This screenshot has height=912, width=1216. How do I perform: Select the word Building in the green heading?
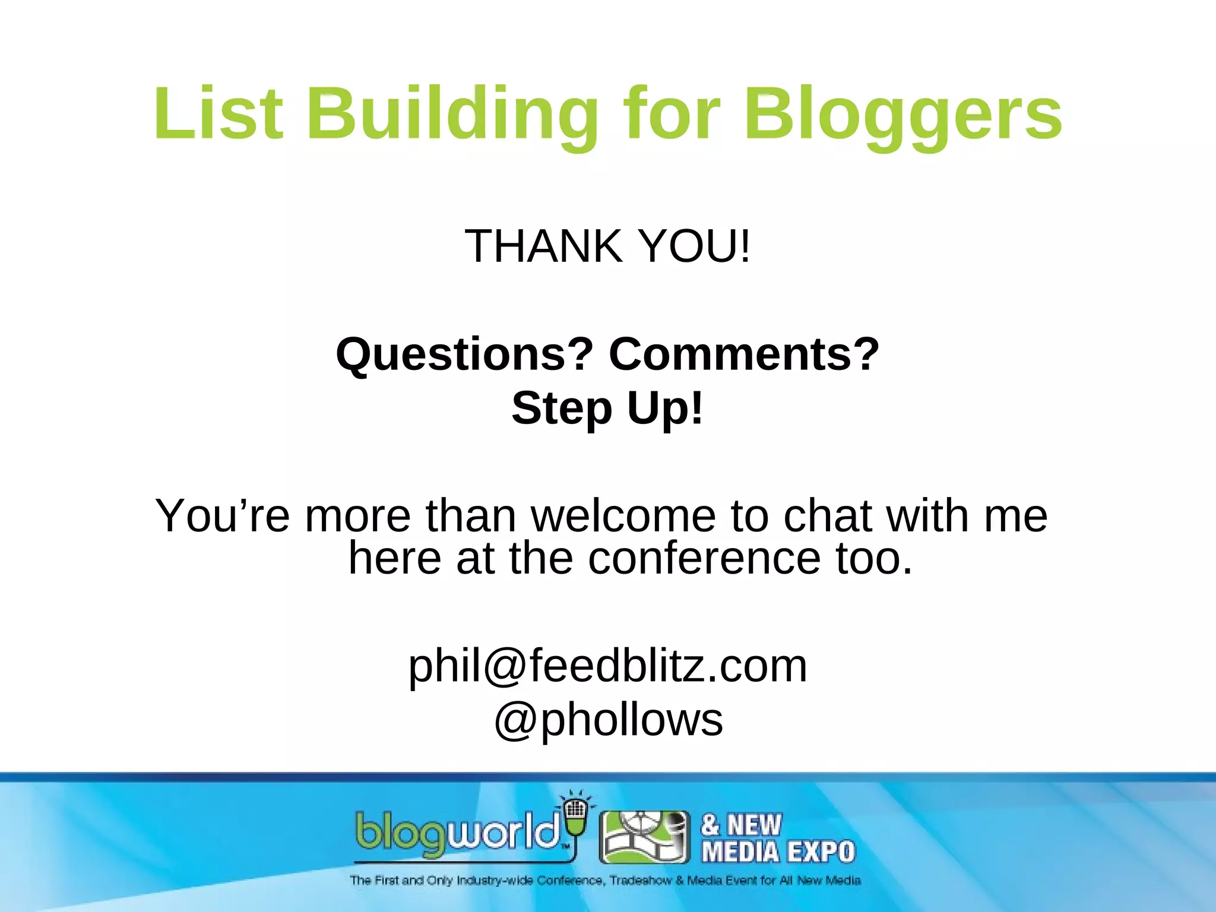[x=452, y=114]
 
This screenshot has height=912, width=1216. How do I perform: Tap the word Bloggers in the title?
[x=902, y=114]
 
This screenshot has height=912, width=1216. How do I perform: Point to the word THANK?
[x=544, y=246]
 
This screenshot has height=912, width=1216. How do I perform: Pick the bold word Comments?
[x=744, y=354]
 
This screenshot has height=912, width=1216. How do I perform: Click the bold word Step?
[x=562, y=408]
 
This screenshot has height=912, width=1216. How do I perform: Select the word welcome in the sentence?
[x=623, y=515]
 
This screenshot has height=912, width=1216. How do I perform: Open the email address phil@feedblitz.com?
[x=607, y=666]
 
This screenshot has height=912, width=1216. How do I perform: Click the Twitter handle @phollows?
[x=608, y=720]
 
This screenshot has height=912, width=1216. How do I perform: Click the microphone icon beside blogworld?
[x=575, y=816]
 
